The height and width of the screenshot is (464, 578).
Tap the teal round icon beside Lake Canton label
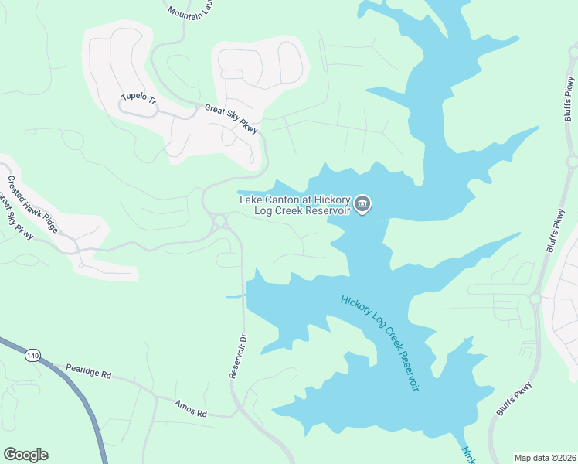coord(363,205)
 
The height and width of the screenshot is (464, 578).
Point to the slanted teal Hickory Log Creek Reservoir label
coord(379,342)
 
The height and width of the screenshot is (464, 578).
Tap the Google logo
coord(25,455)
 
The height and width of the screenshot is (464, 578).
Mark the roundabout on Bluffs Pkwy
coord(535,298)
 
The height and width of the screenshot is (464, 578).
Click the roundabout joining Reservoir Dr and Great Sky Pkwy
coord(220,222)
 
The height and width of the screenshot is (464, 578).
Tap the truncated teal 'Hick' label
coord(468,454)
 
